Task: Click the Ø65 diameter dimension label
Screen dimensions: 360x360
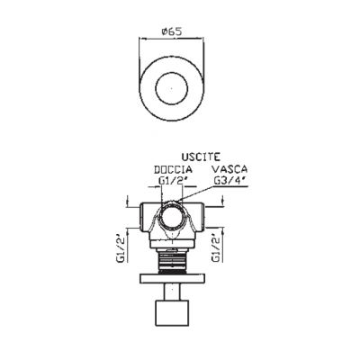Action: pos(172,31)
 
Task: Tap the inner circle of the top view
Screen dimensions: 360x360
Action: pos(172,73)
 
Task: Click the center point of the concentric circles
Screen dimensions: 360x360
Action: pos(172,89)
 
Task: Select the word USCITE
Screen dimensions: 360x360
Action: pos(201,157)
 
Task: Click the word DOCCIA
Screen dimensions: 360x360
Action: pos(173,169)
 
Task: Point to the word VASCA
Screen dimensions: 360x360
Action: pos(230,169)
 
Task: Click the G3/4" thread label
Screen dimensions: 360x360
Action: pos(229,181)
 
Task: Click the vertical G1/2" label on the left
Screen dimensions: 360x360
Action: pos(121,247)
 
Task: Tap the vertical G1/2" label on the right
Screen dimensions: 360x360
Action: pos(217,247)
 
